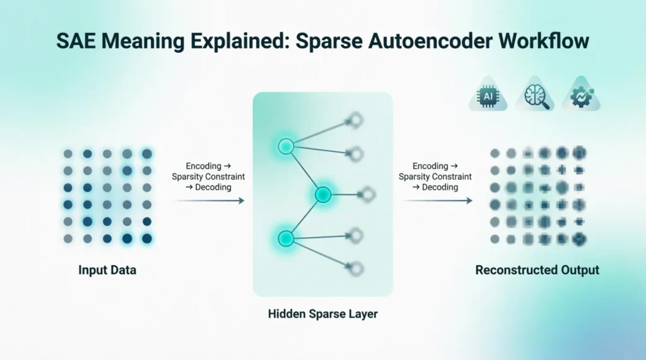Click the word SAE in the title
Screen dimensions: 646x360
76,41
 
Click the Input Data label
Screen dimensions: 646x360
107,270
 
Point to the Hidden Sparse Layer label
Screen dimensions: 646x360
322,314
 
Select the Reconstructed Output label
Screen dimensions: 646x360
537,270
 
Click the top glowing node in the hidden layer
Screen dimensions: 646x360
286,146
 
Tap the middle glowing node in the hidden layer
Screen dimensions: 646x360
323,194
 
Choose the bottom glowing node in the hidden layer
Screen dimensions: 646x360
286,238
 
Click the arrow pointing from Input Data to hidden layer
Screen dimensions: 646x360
209,200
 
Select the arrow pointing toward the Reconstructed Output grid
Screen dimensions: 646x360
438,200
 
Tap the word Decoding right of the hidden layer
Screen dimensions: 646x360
440,187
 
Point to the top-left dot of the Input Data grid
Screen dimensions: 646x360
68,154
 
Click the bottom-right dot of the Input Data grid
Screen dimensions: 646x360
146,238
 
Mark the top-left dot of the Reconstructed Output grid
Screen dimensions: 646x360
495,154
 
